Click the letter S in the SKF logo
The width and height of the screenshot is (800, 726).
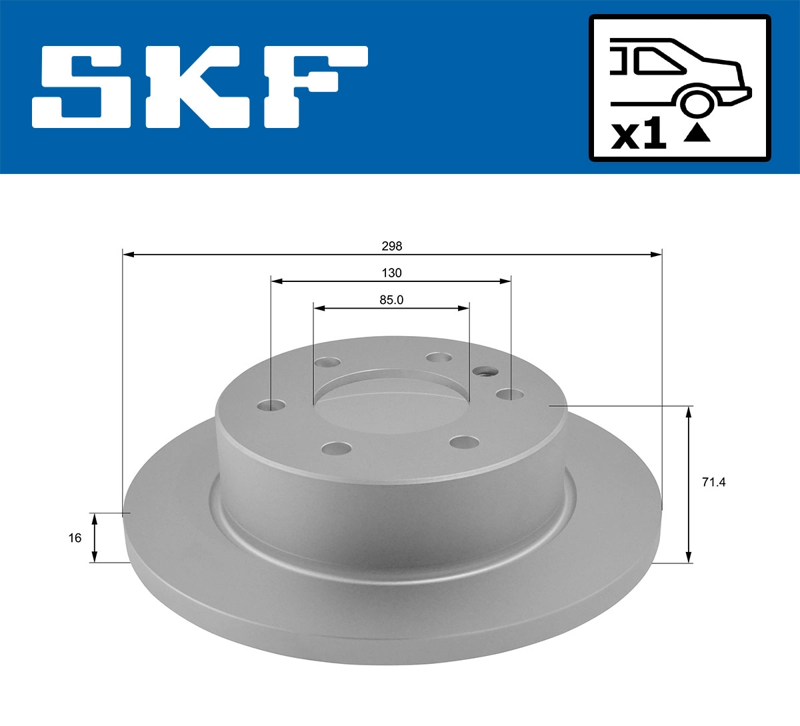pos(83,87)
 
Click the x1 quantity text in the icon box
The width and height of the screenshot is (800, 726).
pos(639,136)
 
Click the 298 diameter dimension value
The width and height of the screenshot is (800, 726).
pos(392,246)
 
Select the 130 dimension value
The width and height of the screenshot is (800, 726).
pos(392,273)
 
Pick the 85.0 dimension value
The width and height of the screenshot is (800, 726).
pos(392,300)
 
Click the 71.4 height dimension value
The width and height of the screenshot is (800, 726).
pos(713,482)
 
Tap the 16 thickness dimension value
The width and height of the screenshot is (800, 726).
pos(75,537)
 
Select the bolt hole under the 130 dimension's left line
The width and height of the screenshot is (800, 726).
pos(271,405)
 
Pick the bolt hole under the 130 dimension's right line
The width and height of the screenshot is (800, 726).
pos(509,395)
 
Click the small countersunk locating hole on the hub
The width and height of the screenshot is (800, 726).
pos(483,371)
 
